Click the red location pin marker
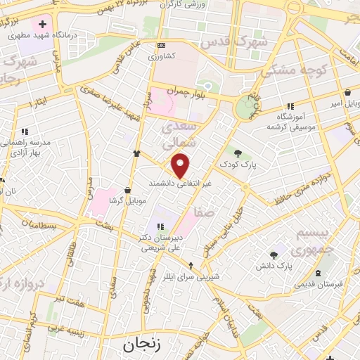[181, 166]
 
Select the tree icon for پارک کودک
[238, 153]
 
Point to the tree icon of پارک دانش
[274, 255]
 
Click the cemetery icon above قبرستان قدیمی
[319, 272]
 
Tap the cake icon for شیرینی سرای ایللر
[192, 265]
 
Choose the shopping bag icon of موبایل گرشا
[127, 189]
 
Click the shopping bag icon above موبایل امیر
[347, 92]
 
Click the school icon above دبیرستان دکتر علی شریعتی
[160, 226]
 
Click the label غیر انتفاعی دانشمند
[179, 183]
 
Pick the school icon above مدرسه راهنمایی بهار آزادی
[25, 131]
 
